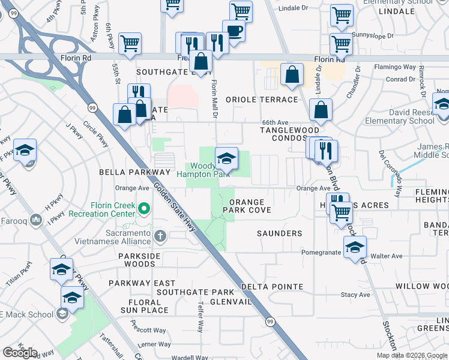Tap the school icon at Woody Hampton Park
point(226,158)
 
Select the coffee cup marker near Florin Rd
point(234,31)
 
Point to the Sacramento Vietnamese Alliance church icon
point(160,236)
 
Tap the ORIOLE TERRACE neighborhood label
point(262,100)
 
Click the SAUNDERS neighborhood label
point(279,233)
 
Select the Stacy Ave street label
point(355,295)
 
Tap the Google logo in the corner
point(20,353)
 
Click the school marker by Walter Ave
point(355,247)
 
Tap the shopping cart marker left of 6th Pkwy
point(130,43)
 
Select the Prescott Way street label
point(148,330)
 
